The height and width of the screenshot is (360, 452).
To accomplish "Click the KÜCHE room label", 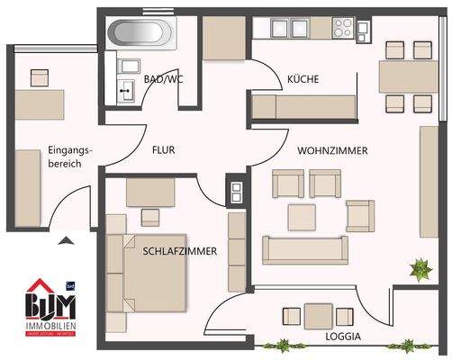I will (303, 79).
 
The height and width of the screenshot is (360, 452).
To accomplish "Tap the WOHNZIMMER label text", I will (332, 151).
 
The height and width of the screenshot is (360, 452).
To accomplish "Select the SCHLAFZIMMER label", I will (179, 253).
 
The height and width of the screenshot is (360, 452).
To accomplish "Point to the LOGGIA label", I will (343, 337).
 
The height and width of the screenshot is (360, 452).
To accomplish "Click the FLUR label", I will (163, 150).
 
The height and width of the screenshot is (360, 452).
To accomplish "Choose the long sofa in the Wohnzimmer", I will (303, 247).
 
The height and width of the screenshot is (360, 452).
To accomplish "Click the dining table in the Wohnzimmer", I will (407, 77).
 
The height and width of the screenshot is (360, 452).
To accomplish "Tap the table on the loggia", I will (317, 317).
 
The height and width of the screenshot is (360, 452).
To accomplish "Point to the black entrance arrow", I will (64, 239).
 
